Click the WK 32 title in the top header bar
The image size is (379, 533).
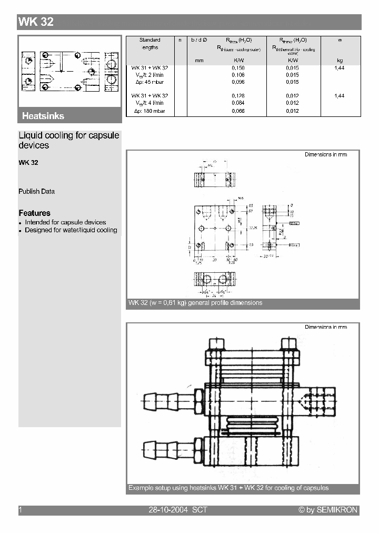[36, 22]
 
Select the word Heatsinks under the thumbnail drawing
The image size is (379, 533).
[43, 116]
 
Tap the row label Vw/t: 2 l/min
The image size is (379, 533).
[149, 75]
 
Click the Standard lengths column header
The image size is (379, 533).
[149, 44]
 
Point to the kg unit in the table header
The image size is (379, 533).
[340, 61]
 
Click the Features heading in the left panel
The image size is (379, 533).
[34, 213]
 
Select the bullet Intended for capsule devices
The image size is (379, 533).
[65, 222]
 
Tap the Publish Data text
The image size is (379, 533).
[36, 192]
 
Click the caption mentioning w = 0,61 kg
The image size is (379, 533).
[195, 303]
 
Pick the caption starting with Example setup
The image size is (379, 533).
[228, 488]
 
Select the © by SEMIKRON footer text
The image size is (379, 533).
[327, 510]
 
